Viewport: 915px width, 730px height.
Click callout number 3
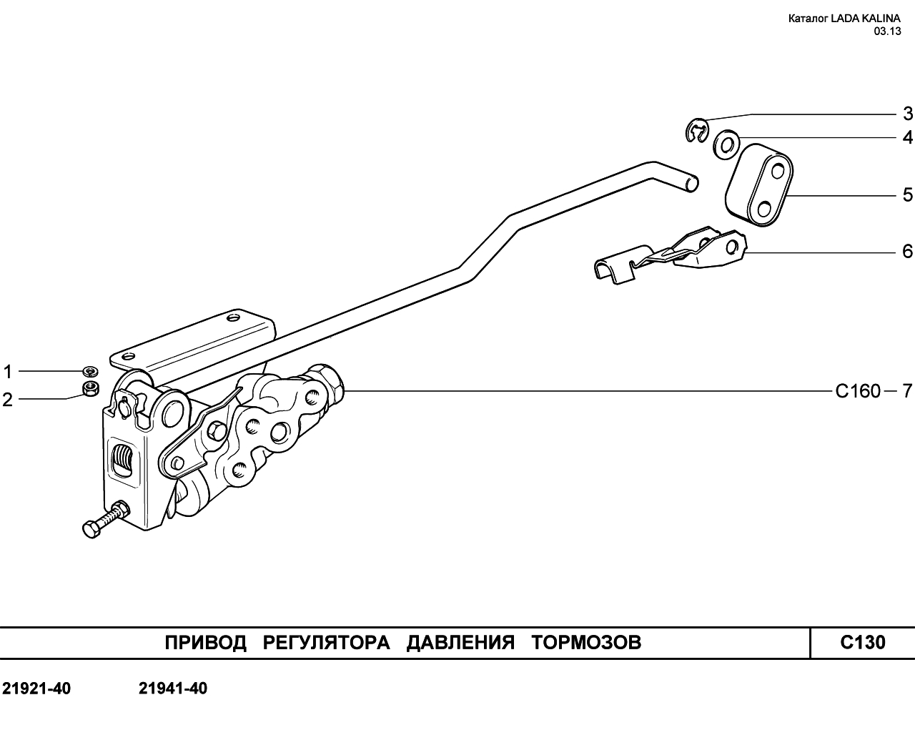907,114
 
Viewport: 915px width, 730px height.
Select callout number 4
907,137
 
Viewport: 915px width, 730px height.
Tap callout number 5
907,194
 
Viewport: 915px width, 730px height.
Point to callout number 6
907,251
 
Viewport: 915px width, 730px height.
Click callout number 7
906,391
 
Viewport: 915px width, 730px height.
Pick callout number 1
8,372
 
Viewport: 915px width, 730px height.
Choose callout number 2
8,399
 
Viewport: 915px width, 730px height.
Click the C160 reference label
858,391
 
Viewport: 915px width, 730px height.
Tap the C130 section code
862,643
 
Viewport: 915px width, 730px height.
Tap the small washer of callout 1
90,371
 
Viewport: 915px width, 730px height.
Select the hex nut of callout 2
90,389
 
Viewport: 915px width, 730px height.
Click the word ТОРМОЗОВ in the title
586,643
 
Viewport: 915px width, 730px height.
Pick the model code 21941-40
173,689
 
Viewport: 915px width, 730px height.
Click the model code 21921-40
36,689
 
